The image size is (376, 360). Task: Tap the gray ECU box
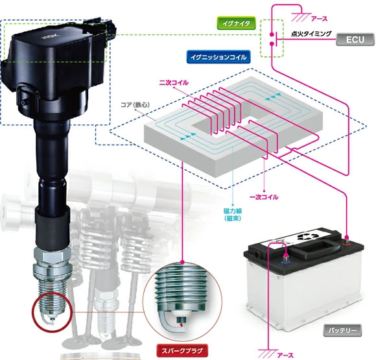(354, 40)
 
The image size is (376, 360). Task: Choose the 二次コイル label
(174, 84)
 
